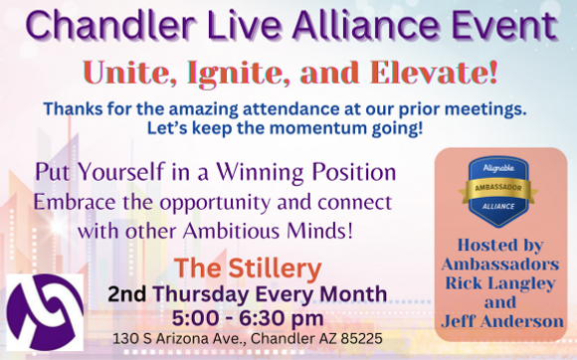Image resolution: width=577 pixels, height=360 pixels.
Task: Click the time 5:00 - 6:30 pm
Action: pos(250,317)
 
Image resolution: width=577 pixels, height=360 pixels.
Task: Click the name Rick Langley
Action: pos(500,283)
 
